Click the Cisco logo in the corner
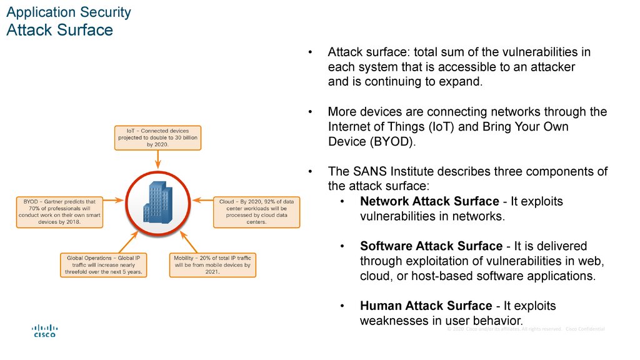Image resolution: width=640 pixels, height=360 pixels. point(44,331)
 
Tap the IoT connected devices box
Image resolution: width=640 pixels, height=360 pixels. point(158,137)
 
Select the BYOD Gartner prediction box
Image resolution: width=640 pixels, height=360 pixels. point(59,212)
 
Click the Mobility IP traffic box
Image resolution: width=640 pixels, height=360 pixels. point(212,264)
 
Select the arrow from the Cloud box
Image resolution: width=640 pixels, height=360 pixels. point(203,201)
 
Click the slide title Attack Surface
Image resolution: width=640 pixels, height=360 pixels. point(59,30)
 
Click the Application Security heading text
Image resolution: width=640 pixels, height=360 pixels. point(69,12)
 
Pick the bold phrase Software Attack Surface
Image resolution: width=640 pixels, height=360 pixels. point(431,246)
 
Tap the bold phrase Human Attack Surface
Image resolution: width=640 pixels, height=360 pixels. point(426,306)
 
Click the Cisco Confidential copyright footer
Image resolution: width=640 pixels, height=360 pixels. point(526,329)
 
